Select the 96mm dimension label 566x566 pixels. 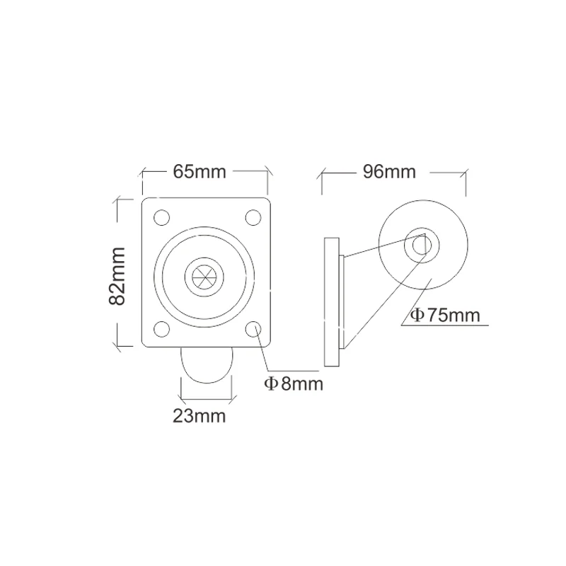[x=388, y=172]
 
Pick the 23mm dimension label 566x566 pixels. [x=200, y=416]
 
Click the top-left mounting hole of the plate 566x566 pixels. [x=161, y=217]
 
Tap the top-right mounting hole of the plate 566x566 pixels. [x=253, y=217]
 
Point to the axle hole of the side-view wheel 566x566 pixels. [x=422, y=243]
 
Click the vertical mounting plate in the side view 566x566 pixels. [x=332, y=302]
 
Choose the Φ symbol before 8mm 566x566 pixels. [x=270, y=384]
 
